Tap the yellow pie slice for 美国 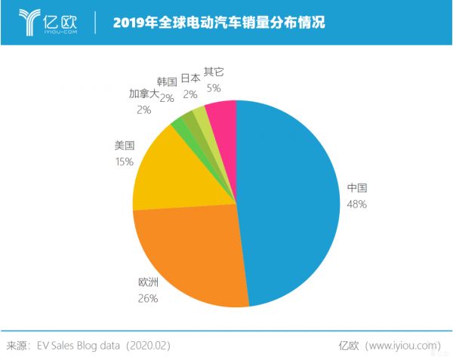pyautogui.click(x=170, y=170)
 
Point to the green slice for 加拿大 pyautogui.click(x=179, y=122)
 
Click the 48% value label pyautogui.click(x=356, y=205)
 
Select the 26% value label pyautogui.click(x=148, y=299)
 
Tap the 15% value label pyautogui.click(x=125, y=162)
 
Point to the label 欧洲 pyautogui.click(x=148, y=283)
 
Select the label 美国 pyautogui.click(x=125, y=146)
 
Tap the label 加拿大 pyautogui.click(x=143, y=94)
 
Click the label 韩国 pyautogui.click(x=167, y=82)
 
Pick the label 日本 pyautogui.click(x=190, y=78)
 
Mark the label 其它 pyautogui.click(x=214, y=72)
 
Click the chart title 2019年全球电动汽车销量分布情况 pyautogui.click(x=219, y=23)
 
